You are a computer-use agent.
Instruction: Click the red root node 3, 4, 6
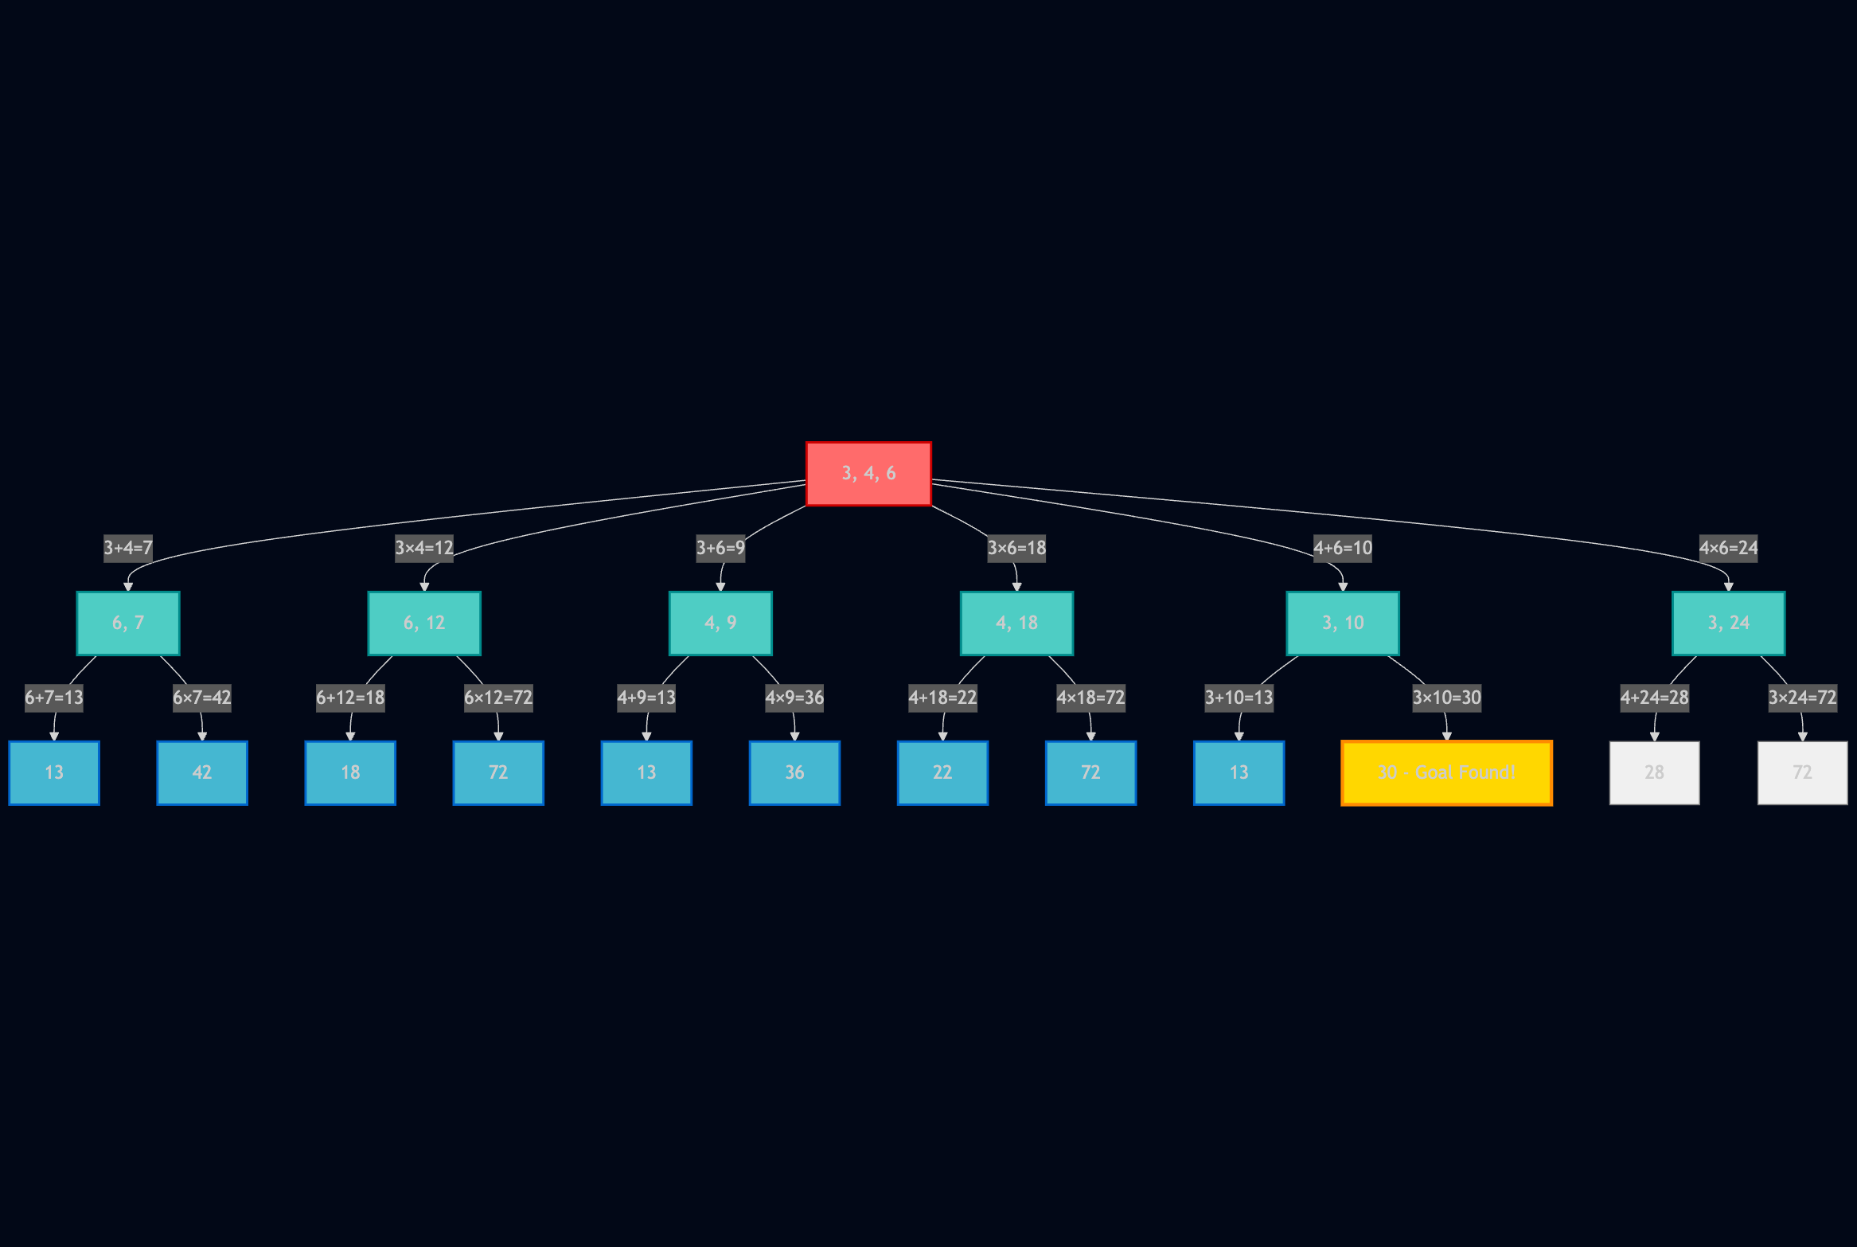pyautogui.click(x=868, y=474)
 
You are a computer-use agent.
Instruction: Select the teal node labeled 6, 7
pyautogui.click(x=128, y=623)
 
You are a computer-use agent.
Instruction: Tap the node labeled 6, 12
pyautogui.click(x=424, y=623)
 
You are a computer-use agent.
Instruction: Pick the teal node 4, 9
pyautogui.click(x=720, y=623)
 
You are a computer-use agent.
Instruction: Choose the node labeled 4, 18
pyautogui.click(x=1016, y=623)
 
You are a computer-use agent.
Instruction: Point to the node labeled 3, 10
pyautogui.click(x=1343, y=623)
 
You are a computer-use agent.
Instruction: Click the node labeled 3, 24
pyautogui.click(x=1728, y=623)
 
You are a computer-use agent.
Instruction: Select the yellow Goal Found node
pyautogui.click(x=1446, y=773)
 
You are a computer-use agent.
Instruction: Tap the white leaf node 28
pyautogui.click(x=1654, y=773)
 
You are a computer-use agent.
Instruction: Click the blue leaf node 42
pyautogui.click(x=202, y=773)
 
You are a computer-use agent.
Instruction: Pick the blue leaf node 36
pyautogui.click(x=794, y=773)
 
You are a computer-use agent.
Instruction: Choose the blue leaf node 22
pyautogui.click(x=942, y=773)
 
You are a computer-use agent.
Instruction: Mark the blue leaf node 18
pyautogui.click(x=350, y=773)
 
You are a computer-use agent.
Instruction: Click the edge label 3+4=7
pyautogui.click(x=128, y=548)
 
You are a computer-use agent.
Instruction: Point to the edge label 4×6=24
pyautogui.click(x=1728, y=548)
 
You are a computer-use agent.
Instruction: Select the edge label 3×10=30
pyautogui.click(x=1446, y=698)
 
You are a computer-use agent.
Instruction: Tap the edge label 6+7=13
pyautogui.click(x=54, y=698)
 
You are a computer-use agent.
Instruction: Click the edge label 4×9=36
pyautogui.click(x=794, y=698)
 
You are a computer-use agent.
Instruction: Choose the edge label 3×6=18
pyautogui.click(x=1016, y=548)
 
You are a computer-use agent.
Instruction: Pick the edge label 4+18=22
pyautogui.click(x=942, y=698)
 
